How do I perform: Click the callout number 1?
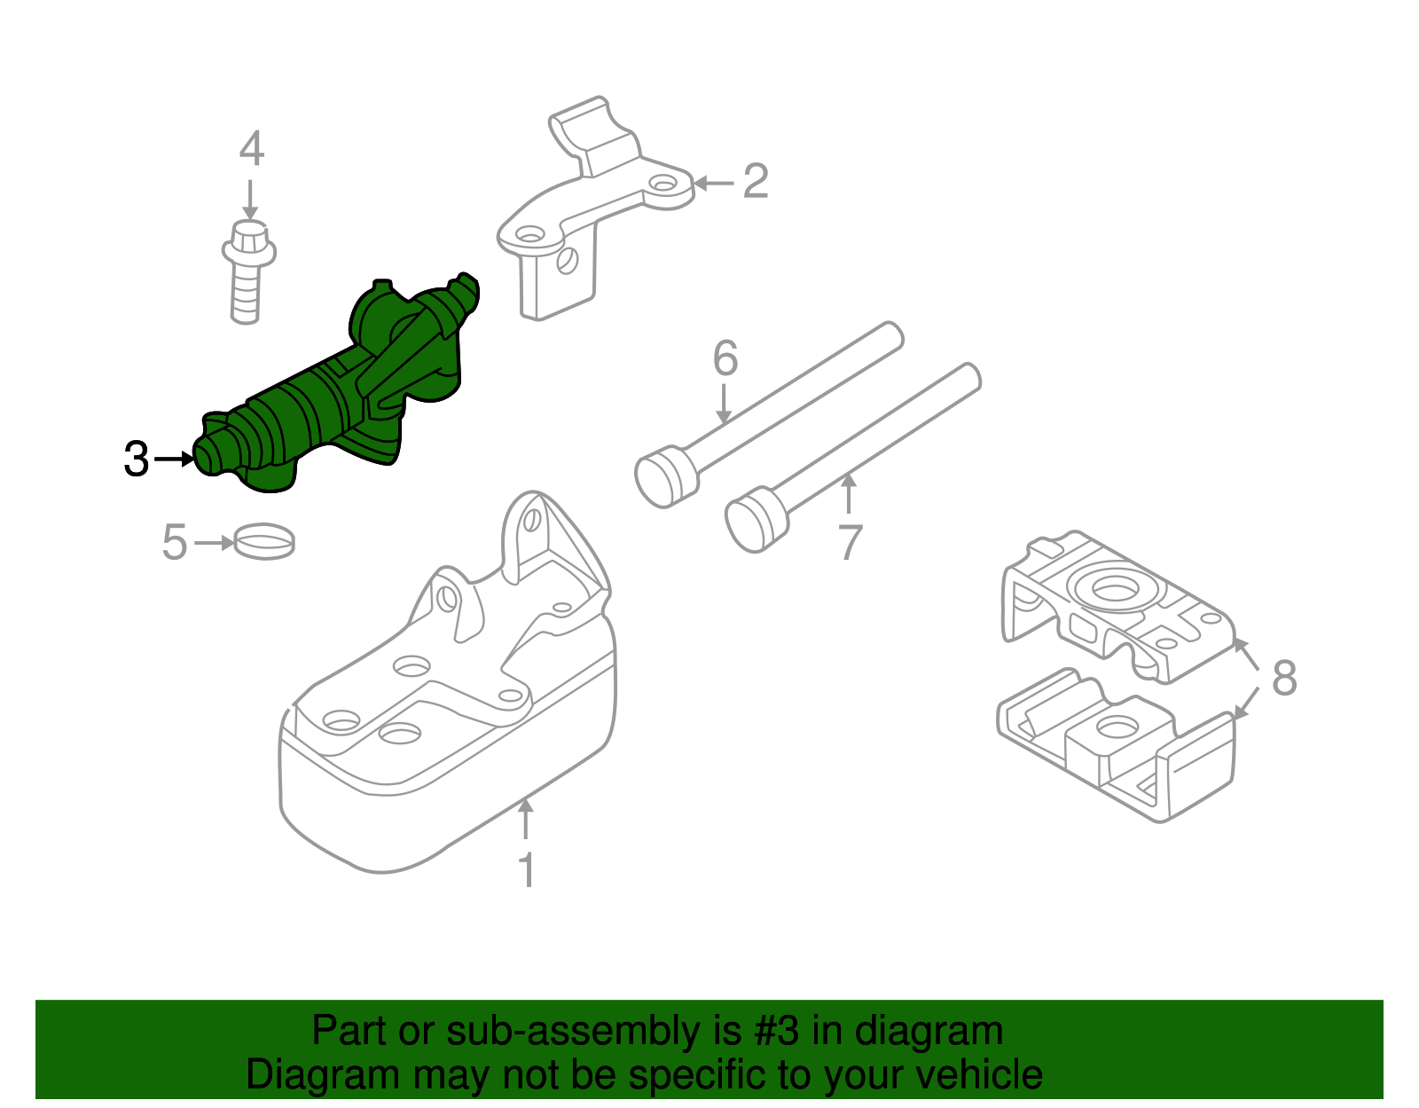point(527,869)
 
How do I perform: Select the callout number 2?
point(756,181)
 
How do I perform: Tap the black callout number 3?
point(137,459)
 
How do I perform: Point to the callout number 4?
point(251,148)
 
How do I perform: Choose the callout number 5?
point(175,542)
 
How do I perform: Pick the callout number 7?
point(850,542)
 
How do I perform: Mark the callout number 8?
point(1284,677)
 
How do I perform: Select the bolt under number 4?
point(247,271)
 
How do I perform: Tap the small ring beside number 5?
point(263,541)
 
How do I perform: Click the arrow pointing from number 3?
point(174,459)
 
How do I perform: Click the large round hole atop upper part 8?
point(1115,589)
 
